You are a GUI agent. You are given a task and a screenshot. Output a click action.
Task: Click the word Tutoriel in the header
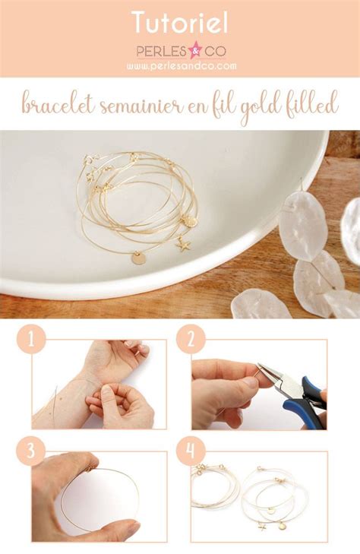click(x=180, y=22)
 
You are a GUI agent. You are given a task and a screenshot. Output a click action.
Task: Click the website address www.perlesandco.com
click(x=181, y=66)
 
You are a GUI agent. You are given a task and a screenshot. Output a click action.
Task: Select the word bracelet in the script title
click(x=58, y=106)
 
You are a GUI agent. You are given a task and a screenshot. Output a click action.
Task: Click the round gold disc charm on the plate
click(x=138, y=258)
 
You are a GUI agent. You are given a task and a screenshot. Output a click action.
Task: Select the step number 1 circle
click(x=30, y=339)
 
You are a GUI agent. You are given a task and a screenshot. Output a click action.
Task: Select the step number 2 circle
click(x=191, y=339)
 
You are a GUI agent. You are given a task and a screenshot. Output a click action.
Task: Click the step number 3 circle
click(x=30, y=451)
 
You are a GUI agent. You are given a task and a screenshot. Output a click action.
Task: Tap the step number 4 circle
click(x=191, y=451)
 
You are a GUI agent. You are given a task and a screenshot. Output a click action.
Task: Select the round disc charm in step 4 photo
click(x=283, y=524)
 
